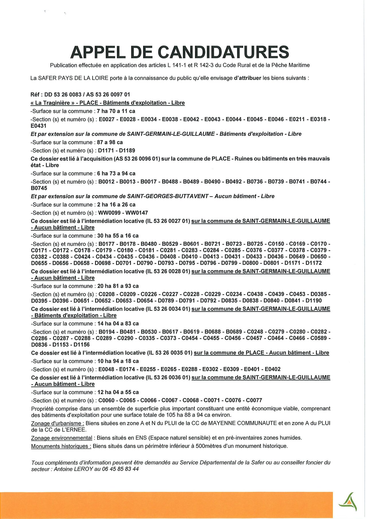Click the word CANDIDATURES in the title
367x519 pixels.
pos(223,52)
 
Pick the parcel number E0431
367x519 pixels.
pos(39,126)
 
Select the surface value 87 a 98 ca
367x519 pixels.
pos(110,142)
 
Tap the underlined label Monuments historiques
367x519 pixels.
pos(61,446)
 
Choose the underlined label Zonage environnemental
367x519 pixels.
pos(62,438)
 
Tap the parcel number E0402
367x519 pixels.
pos(273,369)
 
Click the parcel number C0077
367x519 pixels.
pos(254,400)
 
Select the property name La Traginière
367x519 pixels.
pos(52,103)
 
